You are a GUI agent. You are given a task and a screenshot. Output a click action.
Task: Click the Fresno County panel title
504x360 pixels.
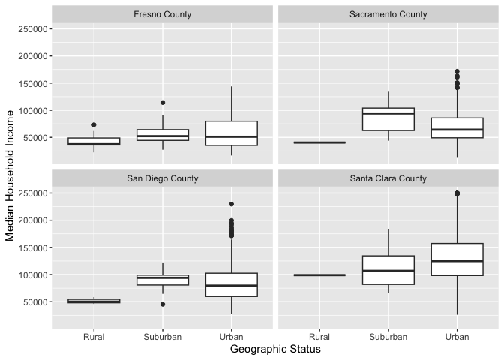(x=162, y=14)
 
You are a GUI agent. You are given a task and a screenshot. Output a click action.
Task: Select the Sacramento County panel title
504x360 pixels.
(x=388, y=14)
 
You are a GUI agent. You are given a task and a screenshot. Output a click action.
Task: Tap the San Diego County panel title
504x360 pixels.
(x=162, y=178)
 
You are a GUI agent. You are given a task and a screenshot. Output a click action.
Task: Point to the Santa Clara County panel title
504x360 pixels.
(x=388, y=178)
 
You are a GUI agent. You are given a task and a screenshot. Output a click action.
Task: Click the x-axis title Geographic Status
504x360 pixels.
(x=275, y=349)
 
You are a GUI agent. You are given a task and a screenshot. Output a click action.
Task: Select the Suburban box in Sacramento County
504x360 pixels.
(x=388, y=120)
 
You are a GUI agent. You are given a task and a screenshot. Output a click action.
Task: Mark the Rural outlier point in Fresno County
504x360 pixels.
(x=94, y=124)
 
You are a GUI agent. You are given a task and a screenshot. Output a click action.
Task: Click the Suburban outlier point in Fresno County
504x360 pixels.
(x=163, y=103)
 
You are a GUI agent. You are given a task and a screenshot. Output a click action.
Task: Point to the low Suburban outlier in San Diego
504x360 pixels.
(x=163, y=304)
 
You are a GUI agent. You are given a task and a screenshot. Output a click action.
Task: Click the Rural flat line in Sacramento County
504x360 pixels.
(x=319, y=142)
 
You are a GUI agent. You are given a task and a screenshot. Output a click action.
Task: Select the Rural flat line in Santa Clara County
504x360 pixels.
(x=319, y=274)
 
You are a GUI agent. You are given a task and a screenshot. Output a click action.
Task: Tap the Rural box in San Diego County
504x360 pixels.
(x=94, y=301)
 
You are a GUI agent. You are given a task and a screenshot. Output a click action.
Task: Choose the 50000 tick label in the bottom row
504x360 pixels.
(x=35, y=301)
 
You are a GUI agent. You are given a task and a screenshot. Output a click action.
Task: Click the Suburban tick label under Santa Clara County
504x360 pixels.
(x=388, y=337)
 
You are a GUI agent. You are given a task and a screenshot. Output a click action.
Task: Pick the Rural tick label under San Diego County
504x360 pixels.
(x=94, y=337)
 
